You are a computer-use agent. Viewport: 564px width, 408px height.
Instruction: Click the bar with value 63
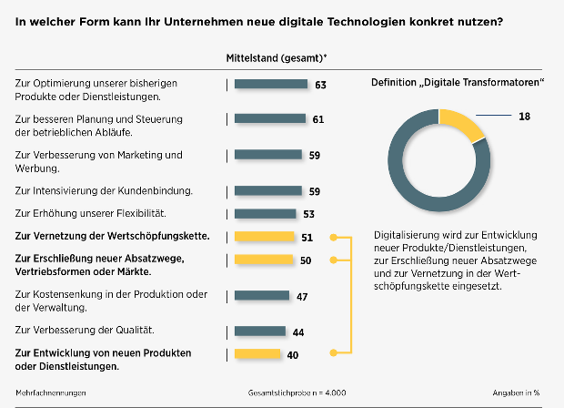pos(272,85)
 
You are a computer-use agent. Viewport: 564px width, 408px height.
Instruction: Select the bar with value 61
pos(270,118)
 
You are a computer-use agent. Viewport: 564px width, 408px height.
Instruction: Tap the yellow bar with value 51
pos(264,237)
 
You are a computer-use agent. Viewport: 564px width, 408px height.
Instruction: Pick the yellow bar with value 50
pos(263,260)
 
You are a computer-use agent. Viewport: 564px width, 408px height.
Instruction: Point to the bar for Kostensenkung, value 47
pos(260,296)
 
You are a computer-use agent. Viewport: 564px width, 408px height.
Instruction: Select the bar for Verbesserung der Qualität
pos(258,331)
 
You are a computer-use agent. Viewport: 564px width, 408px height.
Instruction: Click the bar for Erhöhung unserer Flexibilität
pos(265,214)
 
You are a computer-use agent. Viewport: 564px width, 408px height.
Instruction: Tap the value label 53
pos(307,215)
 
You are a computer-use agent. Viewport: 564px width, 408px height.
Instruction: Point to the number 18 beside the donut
pos(524,116)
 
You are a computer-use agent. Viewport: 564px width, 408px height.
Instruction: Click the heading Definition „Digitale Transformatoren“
pos(458,83)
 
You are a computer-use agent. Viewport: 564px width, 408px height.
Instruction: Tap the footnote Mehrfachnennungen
pos(50,393)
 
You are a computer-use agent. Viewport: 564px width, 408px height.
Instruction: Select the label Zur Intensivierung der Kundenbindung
pos(105,190)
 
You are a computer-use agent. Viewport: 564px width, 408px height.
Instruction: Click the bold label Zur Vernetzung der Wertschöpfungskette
pos(113,237)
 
